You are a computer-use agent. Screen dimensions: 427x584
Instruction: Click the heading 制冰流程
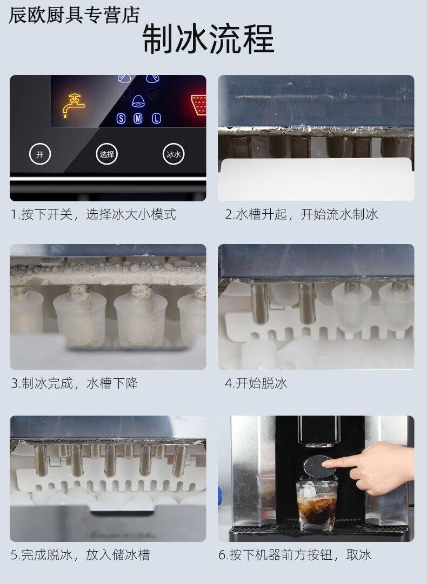pos(208,39)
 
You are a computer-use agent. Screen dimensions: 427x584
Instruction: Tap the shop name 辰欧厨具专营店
pos(74,15)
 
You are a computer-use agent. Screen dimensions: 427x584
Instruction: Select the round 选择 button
pos(106,154)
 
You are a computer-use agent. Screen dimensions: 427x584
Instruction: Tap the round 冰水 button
pos(174,154)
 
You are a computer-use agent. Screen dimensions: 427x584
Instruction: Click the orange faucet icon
pos(73,105)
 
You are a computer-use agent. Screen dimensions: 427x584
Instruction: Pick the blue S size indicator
pos(121,118)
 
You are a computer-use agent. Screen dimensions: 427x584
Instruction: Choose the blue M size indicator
pos(138,118)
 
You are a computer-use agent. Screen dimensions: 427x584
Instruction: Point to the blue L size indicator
pos(156,118)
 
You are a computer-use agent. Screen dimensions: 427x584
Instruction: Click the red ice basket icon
pos(199,105)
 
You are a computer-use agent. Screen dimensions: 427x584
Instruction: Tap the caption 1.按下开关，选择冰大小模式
pos(93,214)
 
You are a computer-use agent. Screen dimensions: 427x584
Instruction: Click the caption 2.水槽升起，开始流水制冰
pos(301,214)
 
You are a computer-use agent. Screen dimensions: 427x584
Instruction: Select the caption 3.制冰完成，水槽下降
pos(74,383)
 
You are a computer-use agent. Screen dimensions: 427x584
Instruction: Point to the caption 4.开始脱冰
pos(256,383)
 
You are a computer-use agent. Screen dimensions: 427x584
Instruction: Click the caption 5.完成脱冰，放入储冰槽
pos(80,555)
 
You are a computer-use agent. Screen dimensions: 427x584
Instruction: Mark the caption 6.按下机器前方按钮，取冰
pos(295,555)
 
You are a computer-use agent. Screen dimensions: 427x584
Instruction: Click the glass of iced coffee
pos(317,505)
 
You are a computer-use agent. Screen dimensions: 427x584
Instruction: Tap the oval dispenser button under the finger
pos(319,466)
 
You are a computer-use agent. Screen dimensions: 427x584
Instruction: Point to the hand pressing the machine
pos(373,467)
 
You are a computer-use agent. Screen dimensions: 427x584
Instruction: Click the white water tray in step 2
pos(316,180)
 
